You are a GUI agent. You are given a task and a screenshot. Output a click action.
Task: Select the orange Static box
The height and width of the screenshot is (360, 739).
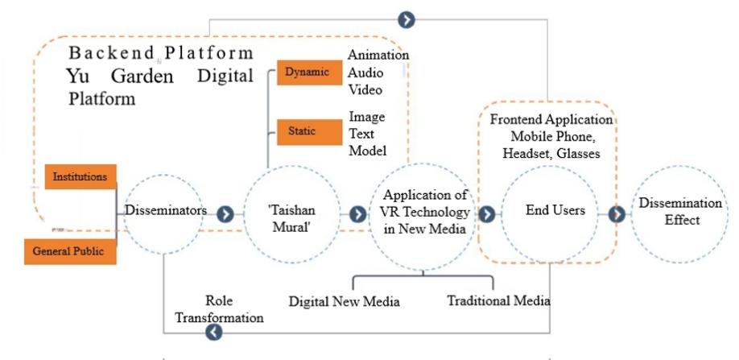pos(304,130)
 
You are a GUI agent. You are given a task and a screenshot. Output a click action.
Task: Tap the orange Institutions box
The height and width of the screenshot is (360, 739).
pos(79,176)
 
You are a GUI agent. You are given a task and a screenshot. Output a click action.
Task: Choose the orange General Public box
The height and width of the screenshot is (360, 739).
pos(68,250)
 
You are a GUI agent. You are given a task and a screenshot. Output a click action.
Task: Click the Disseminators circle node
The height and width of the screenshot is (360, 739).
pos(165,211)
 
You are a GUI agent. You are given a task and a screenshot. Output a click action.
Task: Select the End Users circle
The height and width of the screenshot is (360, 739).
pos(549,212)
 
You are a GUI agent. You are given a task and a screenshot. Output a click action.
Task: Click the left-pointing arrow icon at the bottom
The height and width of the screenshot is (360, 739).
pos(213,332)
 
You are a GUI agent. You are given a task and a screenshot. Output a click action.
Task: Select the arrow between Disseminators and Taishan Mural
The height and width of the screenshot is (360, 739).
pos(225,214)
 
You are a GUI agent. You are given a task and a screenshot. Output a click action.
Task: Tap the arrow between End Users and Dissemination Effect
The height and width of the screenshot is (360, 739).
pos(617,214)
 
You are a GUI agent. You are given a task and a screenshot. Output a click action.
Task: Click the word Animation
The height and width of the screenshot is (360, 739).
pos(378,55)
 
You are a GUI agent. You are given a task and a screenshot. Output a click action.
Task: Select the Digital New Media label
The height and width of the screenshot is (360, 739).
pos(345,302)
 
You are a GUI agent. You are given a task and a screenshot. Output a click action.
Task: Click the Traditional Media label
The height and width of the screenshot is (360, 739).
pos(498,300)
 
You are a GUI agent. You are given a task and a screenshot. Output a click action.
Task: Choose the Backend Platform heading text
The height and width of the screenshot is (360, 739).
pos(161,54)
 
